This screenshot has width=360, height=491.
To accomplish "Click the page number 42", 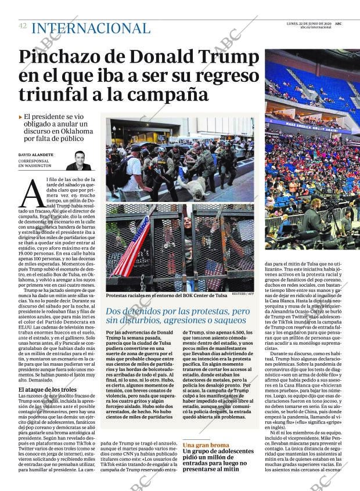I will (x=23, y=26).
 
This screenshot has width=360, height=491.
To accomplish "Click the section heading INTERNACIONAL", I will (x=91, y=28).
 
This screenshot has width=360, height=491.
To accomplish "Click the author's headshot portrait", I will (x=78, y=161).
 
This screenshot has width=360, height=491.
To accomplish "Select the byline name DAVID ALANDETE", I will (x=36, y=155).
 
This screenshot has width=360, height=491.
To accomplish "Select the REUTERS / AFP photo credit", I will (x=243, y=294).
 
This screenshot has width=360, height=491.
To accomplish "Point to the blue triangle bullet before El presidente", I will (x=21, y=117).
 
